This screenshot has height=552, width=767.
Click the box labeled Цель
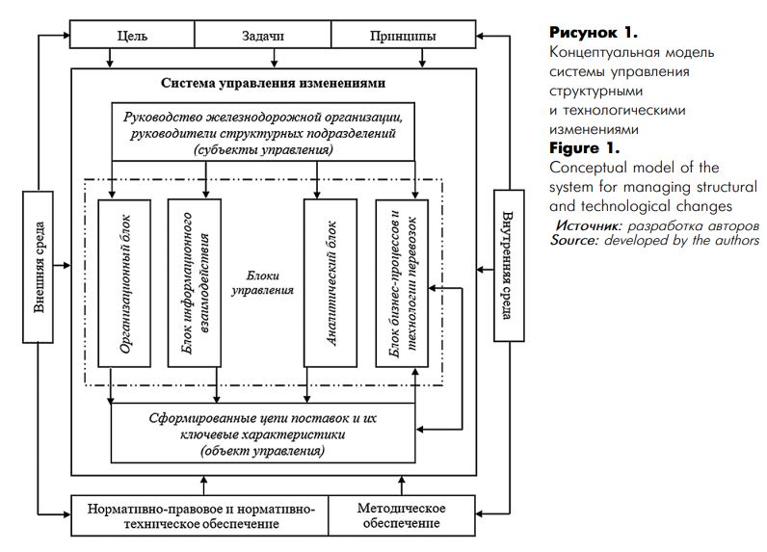point(132,35)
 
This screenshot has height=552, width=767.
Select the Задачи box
point(263,35)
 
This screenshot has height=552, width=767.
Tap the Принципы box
point(403,35)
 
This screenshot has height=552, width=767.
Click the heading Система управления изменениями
point(273,83)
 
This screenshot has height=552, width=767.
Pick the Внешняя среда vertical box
point(39,267)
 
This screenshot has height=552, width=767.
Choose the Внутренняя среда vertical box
point(509,266)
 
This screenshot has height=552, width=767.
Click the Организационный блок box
point(124,283)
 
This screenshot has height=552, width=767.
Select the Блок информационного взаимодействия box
point(195,283)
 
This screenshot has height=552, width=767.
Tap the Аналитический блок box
point(331,283)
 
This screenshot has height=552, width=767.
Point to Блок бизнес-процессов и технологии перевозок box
point(402,283)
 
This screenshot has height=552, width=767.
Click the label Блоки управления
point(263,282)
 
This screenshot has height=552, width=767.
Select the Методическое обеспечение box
point(402,515)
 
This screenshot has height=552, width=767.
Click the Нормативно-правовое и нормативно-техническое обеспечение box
point(200,515)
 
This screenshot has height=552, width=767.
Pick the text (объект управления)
point(263,450)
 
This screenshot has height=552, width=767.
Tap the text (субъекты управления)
point(263,149)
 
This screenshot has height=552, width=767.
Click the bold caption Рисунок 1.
point(594,33)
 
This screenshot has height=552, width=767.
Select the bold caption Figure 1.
point(585,147)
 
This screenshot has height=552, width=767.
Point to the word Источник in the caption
point(589,225)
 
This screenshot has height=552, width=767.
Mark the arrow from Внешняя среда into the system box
point(62,266)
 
